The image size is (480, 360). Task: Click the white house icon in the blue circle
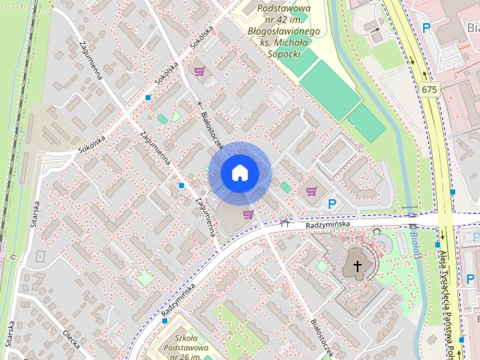point(239,172)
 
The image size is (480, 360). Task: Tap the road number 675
point(429,89)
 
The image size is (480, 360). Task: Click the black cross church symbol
point(358,265)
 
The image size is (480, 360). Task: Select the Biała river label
point(415,241)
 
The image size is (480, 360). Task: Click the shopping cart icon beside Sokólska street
point(199,72)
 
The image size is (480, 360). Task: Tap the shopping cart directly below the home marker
point(247,214)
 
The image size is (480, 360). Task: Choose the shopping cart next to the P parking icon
point(311,191)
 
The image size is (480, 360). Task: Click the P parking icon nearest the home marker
point(331,203)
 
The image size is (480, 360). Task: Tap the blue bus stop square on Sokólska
point(148,97)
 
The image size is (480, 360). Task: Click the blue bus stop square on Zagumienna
point(181,185)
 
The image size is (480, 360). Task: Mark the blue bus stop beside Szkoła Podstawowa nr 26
point(165,321)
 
